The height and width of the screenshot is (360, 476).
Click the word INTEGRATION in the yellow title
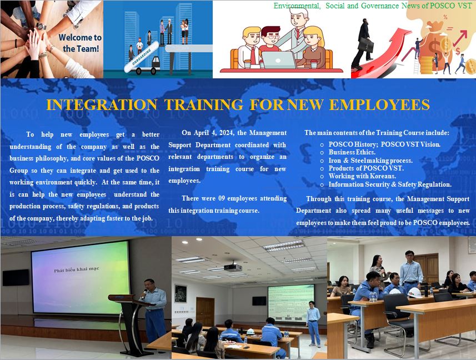(102, 104)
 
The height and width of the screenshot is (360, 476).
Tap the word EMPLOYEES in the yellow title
(379, 104)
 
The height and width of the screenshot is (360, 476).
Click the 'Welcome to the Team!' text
(80, 43)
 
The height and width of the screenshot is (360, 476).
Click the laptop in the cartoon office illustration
(279, 60)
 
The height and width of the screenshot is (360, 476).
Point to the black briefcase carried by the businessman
(365, 44)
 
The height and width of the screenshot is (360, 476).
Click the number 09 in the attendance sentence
(222, 198)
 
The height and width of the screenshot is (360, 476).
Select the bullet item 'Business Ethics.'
(352, 152)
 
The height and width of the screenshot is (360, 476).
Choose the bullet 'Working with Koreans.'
(362, 176)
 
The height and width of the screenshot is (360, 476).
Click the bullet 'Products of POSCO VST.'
(366, 168)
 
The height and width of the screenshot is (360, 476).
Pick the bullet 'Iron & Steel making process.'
(370, 160)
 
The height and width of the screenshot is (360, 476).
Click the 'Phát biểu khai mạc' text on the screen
(77, 269)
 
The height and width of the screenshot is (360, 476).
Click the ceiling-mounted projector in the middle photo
(233, 267)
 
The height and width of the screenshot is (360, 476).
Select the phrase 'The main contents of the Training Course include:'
(377, 133)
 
